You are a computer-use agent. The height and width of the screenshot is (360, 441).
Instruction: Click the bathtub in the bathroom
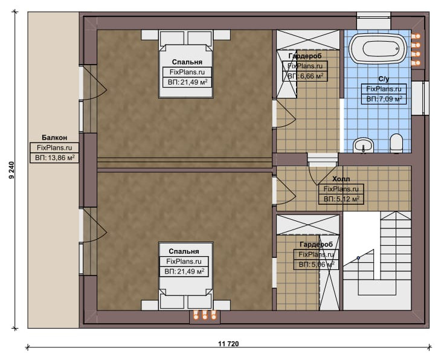[378, 49]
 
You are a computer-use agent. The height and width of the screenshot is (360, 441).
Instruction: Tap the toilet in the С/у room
[396, 143]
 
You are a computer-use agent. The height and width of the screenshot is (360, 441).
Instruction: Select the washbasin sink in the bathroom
[363, 145]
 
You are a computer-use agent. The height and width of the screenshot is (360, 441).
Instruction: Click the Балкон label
[54, 138]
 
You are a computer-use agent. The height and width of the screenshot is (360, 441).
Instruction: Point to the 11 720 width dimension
[228, 344]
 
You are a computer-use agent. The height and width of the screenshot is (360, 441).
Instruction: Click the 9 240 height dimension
[11, 170]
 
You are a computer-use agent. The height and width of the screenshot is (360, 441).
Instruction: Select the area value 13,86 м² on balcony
[55, 158]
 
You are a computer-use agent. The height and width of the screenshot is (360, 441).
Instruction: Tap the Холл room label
[341, 179]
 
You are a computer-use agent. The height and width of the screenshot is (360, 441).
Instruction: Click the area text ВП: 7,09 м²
[384, 99]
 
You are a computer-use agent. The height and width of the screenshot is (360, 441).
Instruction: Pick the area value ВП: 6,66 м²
[305, 76]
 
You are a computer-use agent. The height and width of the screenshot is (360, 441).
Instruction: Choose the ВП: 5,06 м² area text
[317, 265]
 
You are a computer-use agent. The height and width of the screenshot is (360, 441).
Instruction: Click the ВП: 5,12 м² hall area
[341, 199]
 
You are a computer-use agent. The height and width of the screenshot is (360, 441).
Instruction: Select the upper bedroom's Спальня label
[187, 62]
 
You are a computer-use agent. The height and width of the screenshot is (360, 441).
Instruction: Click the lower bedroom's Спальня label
[184, 251]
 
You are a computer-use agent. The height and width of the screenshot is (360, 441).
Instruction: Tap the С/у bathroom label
[384, 79]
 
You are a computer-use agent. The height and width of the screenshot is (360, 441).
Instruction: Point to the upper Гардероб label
[305, 56]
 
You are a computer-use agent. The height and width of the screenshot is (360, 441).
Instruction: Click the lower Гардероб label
[317, 245]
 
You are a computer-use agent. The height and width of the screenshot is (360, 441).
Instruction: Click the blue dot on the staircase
[358, 258]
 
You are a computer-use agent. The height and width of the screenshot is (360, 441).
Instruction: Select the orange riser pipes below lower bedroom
[205, 315]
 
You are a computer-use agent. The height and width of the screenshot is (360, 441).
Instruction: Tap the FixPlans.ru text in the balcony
[54, 147]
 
